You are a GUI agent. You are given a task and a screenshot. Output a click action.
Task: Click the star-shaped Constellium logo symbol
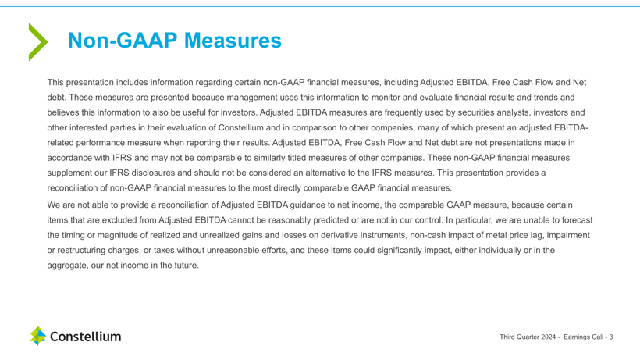38,337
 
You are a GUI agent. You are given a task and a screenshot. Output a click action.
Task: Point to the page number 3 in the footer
611,337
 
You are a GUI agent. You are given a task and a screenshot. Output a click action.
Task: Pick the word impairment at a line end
566,235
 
